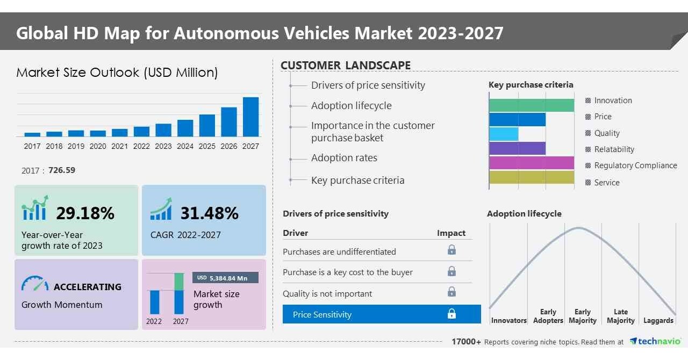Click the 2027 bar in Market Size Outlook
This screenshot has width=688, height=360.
coord(250,117)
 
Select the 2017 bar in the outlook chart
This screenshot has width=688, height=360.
coord(32,134)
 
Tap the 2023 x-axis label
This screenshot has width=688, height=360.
coord(163,146)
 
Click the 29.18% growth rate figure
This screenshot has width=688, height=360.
coord(85,213)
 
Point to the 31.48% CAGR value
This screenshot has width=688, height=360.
coord(209,213)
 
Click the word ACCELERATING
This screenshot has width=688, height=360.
coord(88,287)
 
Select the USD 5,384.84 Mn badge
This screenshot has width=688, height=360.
coord(225,278)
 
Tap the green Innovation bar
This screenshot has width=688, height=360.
coord(531,105)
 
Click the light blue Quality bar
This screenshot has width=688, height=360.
coord(504,134)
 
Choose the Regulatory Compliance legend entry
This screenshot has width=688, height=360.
coord(635,165)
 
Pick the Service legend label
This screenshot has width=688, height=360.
coord(606,183)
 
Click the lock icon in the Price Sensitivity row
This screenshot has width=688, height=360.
coord(451,314)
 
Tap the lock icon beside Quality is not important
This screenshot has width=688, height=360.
coord(451,292)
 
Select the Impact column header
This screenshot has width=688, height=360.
coord(451,233)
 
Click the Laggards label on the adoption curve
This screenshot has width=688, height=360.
coord(658,321)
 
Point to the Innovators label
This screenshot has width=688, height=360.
coord(508,321)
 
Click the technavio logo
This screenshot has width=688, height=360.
coord(655,342)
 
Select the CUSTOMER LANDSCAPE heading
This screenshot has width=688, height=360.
coord(346,66)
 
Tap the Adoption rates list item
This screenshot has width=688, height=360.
coord(344,158)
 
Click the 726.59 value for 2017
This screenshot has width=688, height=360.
coord(62,170)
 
